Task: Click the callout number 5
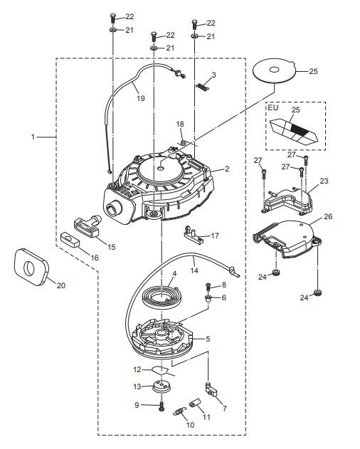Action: coord(207,339)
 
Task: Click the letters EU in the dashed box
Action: coord(273,109)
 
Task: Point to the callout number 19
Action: coord(139,98)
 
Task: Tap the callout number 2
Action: coord(226,169)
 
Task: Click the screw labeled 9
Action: coord(162,406)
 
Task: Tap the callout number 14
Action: coord(193,270)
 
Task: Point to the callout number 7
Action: coord(224,408)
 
